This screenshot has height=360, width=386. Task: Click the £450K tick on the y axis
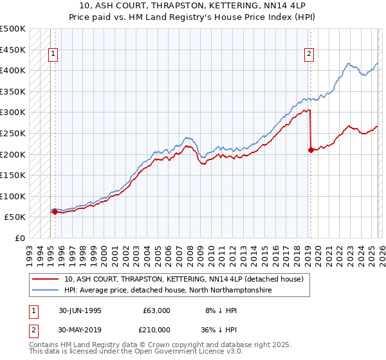coord(13,50)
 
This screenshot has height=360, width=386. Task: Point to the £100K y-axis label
coord(13,196)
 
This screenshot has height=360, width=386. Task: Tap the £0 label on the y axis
coord(19,239)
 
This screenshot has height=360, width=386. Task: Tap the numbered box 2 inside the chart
coord(309,55)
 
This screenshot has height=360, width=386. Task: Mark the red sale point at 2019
coord(311,150)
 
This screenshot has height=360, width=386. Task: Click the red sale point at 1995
coord(55,212)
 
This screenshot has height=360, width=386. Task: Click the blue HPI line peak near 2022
coord(348,64)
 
